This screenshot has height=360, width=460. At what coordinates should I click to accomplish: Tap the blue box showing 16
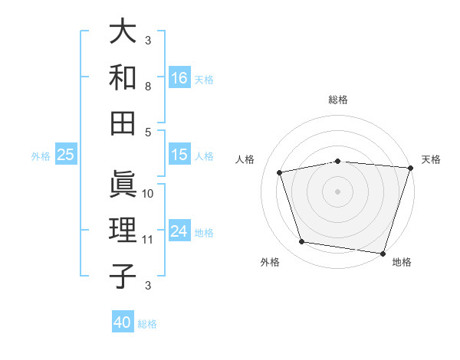[x=179, y=77]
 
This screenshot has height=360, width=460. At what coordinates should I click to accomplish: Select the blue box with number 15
[x=179, y=155]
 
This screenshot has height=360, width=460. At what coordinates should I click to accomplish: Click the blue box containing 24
[x=179, y=231]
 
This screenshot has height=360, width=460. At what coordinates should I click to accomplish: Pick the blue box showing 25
[x=65, y=155]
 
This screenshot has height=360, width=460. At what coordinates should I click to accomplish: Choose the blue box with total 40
[x=123, y=322]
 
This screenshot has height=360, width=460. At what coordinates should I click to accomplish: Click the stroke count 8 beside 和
[x=148, y=87]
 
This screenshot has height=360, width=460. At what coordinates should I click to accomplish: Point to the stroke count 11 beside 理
[x=148, y=240]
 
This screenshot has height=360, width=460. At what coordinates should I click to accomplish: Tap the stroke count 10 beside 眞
[x=148, y=194]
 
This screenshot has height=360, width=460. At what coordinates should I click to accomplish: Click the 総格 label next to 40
[x=147, y=324]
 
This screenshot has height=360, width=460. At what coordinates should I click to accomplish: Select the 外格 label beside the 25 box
[x=41, y=156]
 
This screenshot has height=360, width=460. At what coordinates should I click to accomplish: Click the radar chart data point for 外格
[x=302, y=242]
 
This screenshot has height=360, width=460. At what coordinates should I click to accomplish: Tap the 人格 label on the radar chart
[x=245, y=159]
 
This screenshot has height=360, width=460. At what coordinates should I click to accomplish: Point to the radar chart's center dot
[x=338, y=191]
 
